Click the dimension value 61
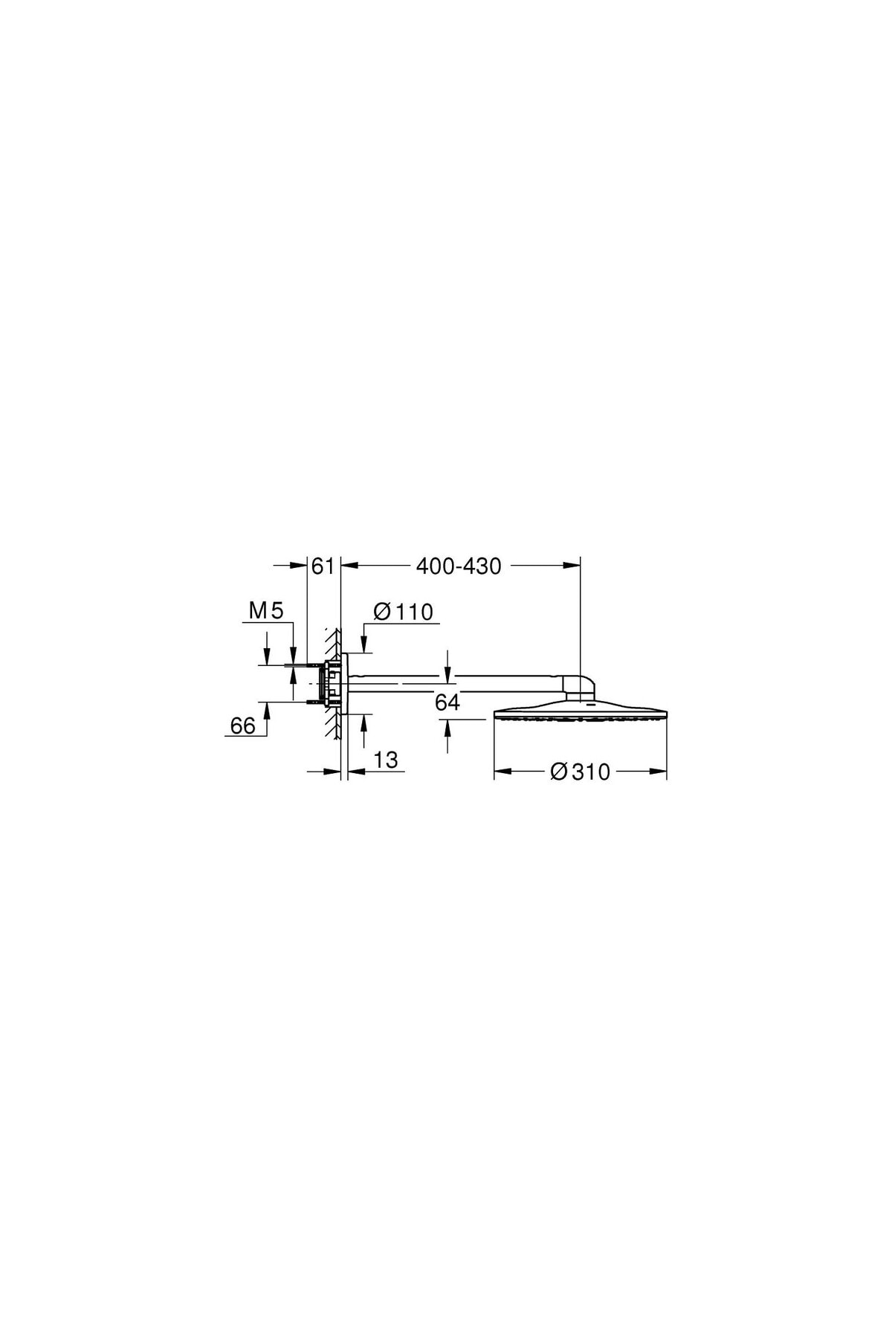point(323,566)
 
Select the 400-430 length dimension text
point(459,566)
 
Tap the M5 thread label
point(266,611)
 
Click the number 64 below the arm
point(447,702)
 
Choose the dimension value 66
point(242,725)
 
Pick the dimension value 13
point(386,760)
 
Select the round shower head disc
point(580,711)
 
